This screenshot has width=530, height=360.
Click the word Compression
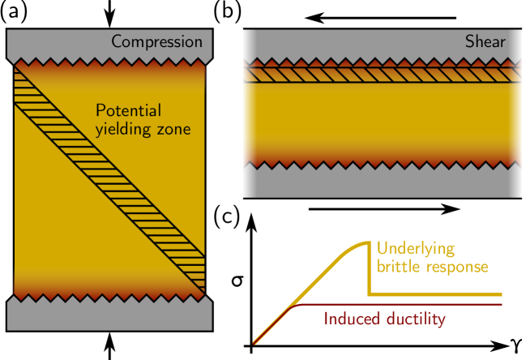(x=156, y=42)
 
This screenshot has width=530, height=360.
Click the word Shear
(x=485, y=42)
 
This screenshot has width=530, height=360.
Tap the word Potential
(x=129, y=111)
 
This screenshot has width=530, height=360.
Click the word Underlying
(x=416, y=248)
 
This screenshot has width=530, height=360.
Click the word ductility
(x=414, y=319)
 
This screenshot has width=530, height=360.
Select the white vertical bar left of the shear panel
(x=239, y=114)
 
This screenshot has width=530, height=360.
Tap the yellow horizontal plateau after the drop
(x=438, y=294)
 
